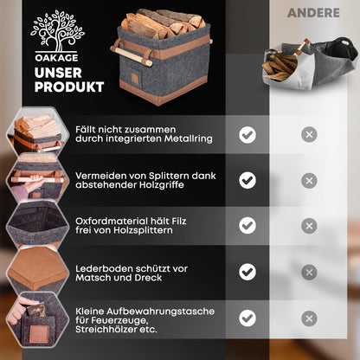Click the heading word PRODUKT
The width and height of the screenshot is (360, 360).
click(70, 87)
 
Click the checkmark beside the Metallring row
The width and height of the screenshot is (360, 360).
click(247, 134)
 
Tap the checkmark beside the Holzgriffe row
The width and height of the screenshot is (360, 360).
click(247, 180)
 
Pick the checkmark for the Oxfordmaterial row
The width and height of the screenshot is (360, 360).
click(247, 225)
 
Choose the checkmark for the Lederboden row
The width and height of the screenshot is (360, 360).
click(247, 271)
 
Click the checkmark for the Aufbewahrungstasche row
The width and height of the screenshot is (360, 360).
click(247, 317)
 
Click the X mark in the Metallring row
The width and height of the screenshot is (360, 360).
click(309, 134)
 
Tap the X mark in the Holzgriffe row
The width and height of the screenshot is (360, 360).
click(309, 180)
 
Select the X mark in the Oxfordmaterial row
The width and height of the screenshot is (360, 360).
click(309, 225)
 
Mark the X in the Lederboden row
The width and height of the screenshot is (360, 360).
click(309, 271)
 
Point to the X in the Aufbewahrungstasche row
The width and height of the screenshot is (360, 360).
click(309, 317)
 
